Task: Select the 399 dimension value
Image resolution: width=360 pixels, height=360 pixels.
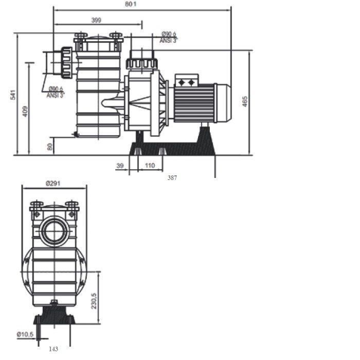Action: [96, 20]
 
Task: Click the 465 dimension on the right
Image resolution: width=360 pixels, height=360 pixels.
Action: [245, 102]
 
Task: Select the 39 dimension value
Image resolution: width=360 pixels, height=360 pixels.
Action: [120, 166]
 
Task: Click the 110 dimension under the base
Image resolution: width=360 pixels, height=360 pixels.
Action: [150, 166]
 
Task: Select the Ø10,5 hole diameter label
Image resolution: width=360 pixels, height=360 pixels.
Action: [25, 335]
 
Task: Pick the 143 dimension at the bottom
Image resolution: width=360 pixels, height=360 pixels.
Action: [53, 349]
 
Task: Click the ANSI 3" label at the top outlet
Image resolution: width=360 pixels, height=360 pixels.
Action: [168, 41]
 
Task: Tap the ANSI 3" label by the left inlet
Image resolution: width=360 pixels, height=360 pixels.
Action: [55, 95]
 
